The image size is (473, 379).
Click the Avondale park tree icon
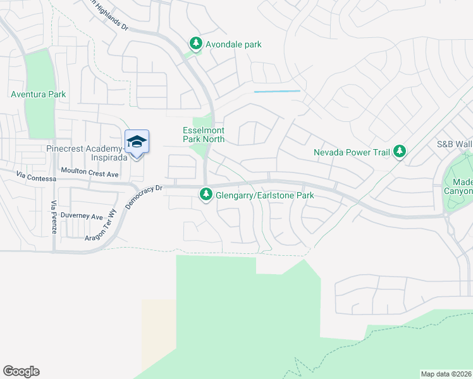tap(196, 44)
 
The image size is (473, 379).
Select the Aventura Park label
tap(38, 95)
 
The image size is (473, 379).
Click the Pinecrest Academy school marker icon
tap(137, 141)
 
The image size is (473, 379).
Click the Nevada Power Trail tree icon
tap(399, 152)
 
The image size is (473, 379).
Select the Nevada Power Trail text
tap(352, 152)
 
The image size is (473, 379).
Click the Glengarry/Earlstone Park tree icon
tap(206, 195)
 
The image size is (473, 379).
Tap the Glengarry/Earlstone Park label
tap(265, 195)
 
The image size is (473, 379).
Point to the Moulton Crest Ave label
tap(90, 172)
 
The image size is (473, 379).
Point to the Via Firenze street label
tap(54, 217)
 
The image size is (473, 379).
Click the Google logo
tap(21, 371)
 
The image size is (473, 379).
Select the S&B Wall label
tap(454, 144)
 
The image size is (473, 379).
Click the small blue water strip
tap(277, 92)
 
